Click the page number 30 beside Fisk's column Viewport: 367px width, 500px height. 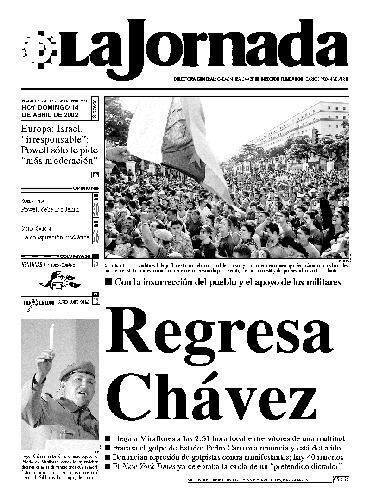pos(96,209)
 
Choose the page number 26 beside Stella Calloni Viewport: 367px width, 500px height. pos(96,236)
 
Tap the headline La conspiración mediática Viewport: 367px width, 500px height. pos(55,237)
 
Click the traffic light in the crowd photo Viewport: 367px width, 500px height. pos(315,137)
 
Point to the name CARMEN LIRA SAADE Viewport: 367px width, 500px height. pos(235,79)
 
